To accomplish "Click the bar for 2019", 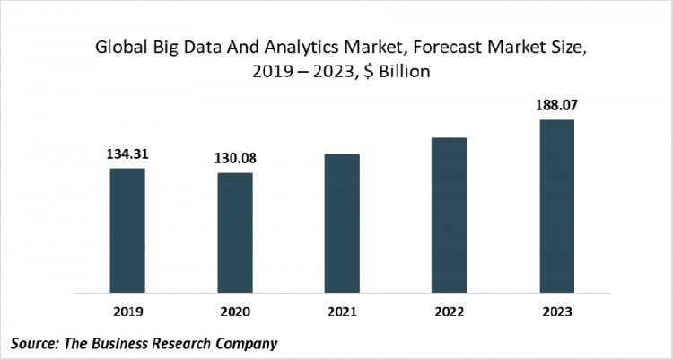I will (x=127, y=231).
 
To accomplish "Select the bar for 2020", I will (x=234, y=233).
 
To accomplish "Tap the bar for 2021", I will (x=342, y=224).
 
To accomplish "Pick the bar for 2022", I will (x=449, y=215).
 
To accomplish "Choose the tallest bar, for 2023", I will (x=556, y=206).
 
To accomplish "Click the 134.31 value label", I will (x=127, y=154).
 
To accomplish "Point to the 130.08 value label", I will (x=234, y=158).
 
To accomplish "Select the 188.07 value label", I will (x=556, y=105).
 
